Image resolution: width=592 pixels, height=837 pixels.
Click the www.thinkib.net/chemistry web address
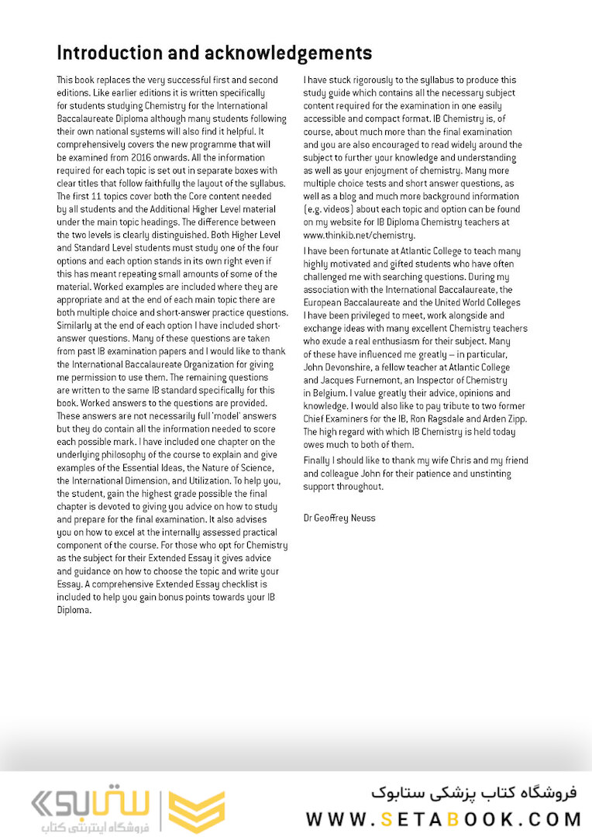[360, 235]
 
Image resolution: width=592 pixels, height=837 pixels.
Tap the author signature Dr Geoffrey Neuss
[339, 517]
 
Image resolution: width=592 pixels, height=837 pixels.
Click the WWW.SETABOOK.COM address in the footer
[443, 819]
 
